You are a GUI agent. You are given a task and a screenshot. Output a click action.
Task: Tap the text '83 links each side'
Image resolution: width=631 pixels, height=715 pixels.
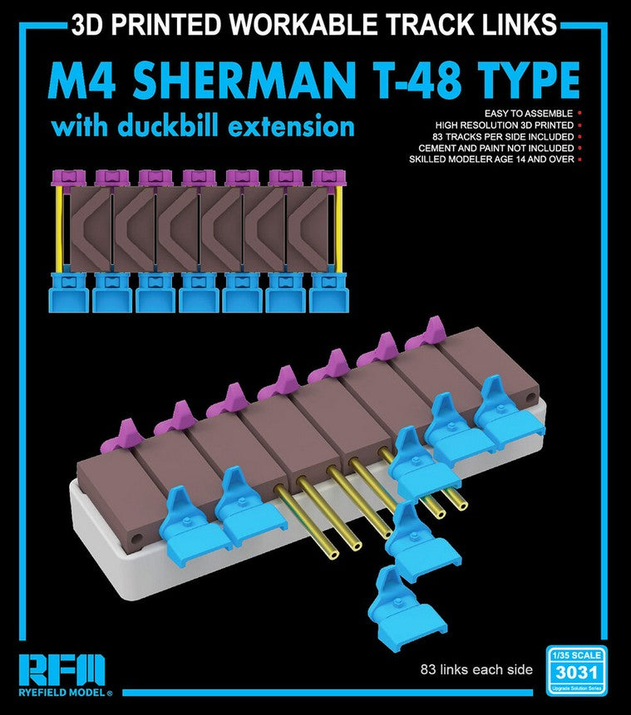476,670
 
